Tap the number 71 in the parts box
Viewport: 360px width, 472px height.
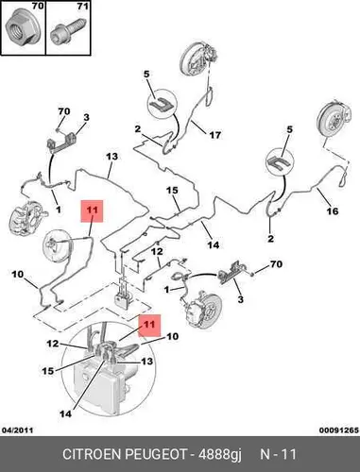pyautogui.click(x=83, y=6)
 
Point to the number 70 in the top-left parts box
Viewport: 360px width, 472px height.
pyautogui.click(x=38, y=6)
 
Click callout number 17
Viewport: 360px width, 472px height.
pyautogui.click(x=215, y=135)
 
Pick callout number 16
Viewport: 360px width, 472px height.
pyautogui.click(x=333, y=211)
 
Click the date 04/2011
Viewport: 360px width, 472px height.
pyautogui.click(x=18, y=430)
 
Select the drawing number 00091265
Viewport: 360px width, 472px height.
pyautogui.click(x=339, y=430)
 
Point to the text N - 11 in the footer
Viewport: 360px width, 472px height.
pyautogui.click(x=278, y=454)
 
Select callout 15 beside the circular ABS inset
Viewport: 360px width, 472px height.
pyautogui.click(x=48, y=371)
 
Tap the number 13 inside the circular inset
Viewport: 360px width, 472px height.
pyautogui.click(x=146, y=362)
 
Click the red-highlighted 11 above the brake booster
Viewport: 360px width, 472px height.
pyautogui.click(x=92, y=210)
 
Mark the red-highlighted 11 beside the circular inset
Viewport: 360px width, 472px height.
pyautogui.click(x=149, y=324)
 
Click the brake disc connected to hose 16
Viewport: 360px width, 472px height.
pyautogui.click(x=334, y=122)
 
